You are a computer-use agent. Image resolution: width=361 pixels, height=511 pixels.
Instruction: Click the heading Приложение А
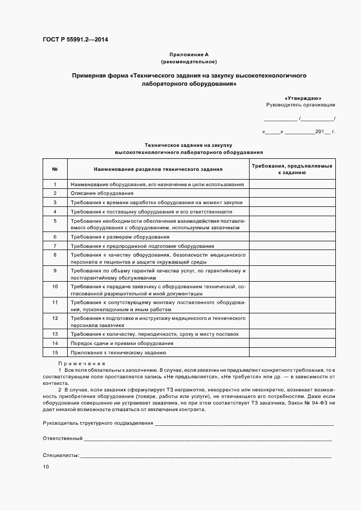(189, 55)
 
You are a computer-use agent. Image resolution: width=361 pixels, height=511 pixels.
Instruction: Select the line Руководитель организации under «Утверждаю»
(300, 104)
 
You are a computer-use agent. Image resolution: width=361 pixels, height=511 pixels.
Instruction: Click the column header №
(55, 169)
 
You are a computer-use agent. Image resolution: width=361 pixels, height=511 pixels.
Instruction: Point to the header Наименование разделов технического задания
(158, 169)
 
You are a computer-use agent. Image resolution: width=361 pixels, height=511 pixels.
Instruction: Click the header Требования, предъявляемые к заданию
(292, 169)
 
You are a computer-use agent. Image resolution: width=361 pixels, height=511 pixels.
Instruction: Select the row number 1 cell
(55, 185)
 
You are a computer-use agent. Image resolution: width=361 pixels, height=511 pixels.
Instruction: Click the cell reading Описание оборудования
(102, 193)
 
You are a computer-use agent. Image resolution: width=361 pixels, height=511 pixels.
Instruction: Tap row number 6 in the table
(55, 237)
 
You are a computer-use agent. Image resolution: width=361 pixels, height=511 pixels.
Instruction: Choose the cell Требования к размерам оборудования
(120, 237)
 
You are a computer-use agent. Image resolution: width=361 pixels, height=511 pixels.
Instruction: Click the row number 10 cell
(55, 286)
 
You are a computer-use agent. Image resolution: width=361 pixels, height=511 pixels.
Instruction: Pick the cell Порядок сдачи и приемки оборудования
(122, 343)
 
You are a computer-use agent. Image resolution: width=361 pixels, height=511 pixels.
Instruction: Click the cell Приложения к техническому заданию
(119, 353)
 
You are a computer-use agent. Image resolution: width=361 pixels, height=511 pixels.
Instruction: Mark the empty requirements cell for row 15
(292, 353)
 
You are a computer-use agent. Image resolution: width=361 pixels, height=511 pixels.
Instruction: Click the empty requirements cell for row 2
(292, 193)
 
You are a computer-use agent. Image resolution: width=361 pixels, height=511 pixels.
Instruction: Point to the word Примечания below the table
(81, 364)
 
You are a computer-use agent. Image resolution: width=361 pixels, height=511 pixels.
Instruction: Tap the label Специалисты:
(61, 455)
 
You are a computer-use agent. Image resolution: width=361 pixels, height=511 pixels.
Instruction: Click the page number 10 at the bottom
(46, 467)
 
